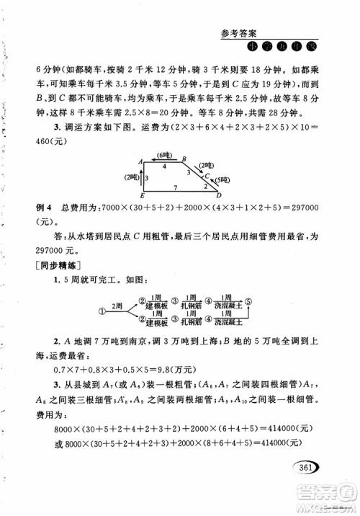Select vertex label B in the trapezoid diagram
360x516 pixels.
tap(184, 159)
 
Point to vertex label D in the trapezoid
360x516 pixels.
tap(220, 194)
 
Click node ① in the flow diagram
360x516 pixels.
tap(102, 310)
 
